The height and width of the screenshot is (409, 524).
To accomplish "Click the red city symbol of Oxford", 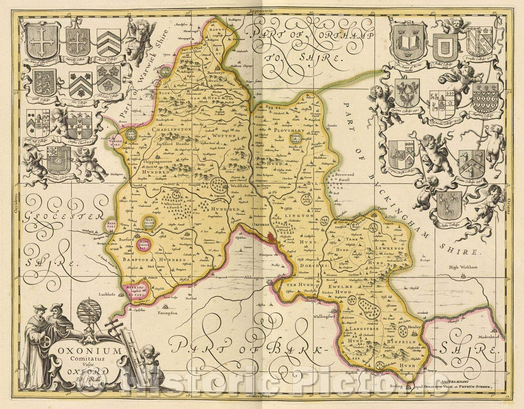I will coord(271,237).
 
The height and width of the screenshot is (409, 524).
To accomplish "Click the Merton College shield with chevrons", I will coord(109,43).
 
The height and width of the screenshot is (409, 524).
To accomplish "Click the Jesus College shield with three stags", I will coord(449,204).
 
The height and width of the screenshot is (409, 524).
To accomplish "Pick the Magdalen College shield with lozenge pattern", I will coord(485,98).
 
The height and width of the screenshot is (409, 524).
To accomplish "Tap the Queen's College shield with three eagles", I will coord(407,92).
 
